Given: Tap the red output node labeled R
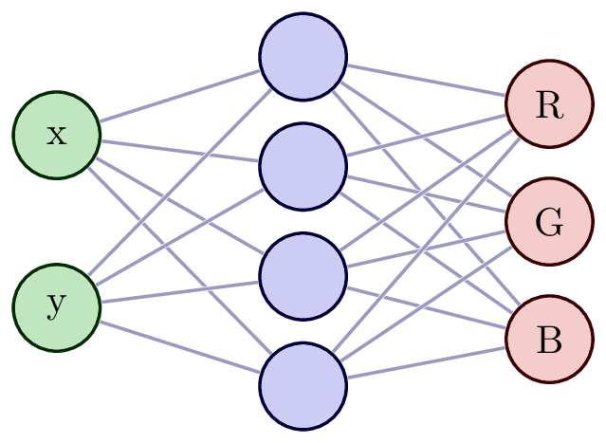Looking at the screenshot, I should (549, 105).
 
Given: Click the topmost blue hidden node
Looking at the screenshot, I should (303, 56).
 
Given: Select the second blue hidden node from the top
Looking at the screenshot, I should (303, 167).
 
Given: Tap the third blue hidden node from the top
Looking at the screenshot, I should (303, 278).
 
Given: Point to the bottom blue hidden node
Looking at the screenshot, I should (303, 388).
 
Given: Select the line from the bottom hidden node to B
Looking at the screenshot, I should (427, 363).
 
